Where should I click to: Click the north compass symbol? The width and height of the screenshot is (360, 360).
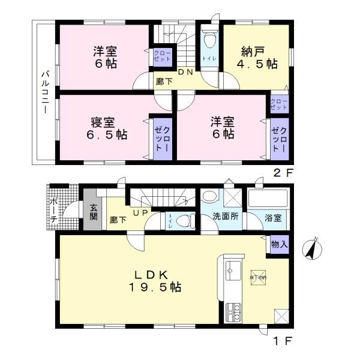[x=312, y=248]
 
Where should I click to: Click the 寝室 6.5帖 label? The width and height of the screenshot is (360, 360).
[x=102, y=128]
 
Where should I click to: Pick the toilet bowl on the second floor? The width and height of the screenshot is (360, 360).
[x=209, y=40]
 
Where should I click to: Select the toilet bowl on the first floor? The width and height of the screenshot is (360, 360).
[x=185, y=220]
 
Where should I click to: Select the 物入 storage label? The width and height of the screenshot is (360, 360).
[x=279, y=244]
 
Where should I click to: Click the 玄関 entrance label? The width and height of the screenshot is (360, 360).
[x=94, y=212]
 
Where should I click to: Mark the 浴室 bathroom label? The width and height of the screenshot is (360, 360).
[x=273, y=218]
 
